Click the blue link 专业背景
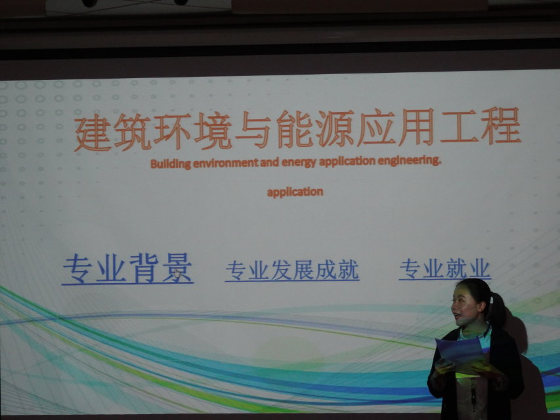127,268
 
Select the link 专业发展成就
292,270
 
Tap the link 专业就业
445,268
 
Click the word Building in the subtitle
170,164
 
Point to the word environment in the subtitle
225,163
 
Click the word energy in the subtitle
299,163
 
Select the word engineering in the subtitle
409,161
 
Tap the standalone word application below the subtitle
295,192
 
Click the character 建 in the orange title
92,133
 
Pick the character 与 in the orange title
253,129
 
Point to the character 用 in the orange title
416,127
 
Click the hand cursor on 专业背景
177,274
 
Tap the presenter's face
465,306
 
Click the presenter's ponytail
498,309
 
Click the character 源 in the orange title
335,128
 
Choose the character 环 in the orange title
172,131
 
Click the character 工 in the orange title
459,126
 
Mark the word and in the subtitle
269,163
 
